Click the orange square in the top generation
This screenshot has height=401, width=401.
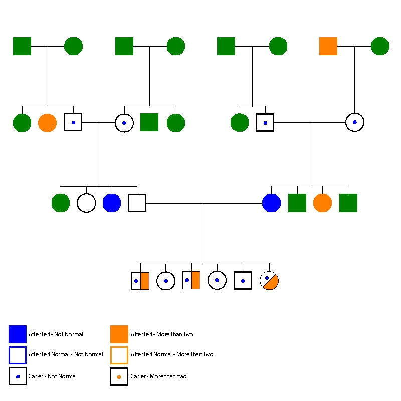click(328, 46)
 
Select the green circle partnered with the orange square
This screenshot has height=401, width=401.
click(380, 46)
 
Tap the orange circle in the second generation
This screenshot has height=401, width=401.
click(47, 123)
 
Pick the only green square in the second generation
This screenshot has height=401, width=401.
click(149, 122)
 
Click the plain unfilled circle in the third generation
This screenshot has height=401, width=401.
click(86, 203)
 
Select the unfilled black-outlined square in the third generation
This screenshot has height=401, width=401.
click(137, 203)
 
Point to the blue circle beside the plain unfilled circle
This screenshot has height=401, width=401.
click(112, 203)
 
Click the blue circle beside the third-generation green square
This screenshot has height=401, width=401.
click(271, 203)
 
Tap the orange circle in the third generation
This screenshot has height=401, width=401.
click(322, 203)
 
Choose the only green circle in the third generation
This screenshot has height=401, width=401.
click(61, 203)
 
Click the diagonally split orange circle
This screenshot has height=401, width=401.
click(269, 281)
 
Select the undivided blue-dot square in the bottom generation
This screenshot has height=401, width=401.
click(243, 281)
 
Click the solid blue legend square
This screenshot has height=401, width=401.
click(18, 334)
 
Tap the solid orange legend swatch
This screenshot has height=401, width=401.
click(119, 334)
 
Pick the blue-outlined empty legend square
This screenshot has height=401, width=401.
click(18, 355)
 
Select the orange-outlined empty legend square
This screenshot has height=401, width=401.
click(119, 355)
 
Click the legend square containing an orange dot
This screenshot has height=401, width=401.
click(119, 376)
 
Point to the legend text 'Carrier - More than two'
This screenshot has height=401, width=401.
click(158, 376)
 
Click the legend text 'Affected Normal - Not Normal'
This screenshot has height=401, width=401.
click(66, 354)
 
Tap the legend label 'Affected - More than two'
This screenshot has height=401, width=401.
click(162, 334)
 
